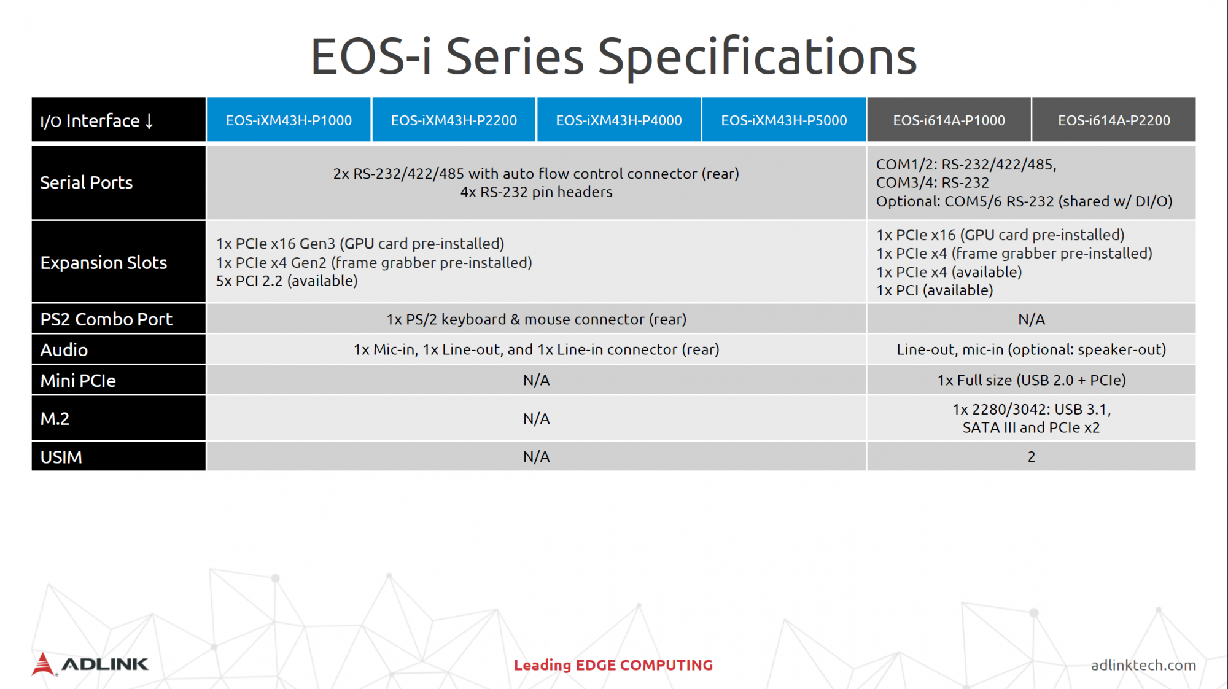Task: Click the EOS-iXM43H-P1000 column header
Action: point(289,120)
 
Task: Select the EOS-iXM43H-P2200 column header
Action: point(454,120)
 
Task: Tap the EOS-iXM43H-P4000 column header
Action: point(619,120)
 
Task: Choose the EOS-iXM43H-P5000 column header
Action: point(784,120)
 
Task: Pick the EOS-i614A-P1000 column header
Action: point(949,120)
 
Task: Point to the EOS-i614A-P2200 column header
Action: point(1114,120)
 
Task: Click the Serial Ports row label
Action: point(87,182)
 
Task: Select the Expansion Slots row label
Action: point(104,263)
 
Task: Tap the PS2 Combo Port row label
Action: point(106,319)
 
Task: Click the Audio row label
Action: point(64,350)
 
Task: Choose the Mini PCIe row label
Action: point(78,381)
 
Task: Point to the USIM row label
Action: point(61,457)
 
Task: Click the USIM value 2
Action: point(1032,457)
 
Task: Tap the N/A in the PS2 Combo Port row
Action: point(1032,319)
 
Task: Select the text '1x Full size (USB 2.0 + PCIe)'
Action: point(1032,380)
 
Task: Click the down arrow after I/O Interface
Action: point(149,121)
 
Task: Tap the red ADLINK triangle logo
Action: point(43,664)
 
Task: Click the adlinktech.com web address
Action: point(1143,665)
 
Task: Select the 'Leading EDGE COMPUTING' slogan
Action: point(613,665)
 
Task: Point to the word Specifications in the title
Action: point(757,56)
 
